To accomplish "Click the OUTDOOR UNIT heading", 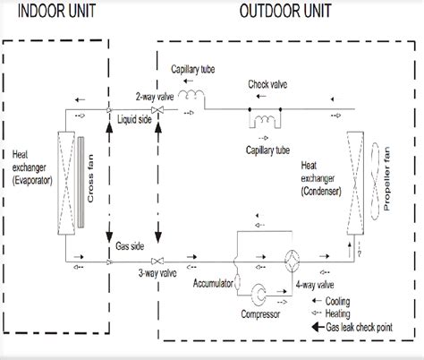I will pyautogui.click(x=285, y=12).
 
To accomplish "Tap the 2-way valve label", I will pyautogui.click(x=149, y=95).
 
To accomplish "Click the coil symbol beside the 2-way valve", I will pyautogui.click(x=189, y=94).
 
